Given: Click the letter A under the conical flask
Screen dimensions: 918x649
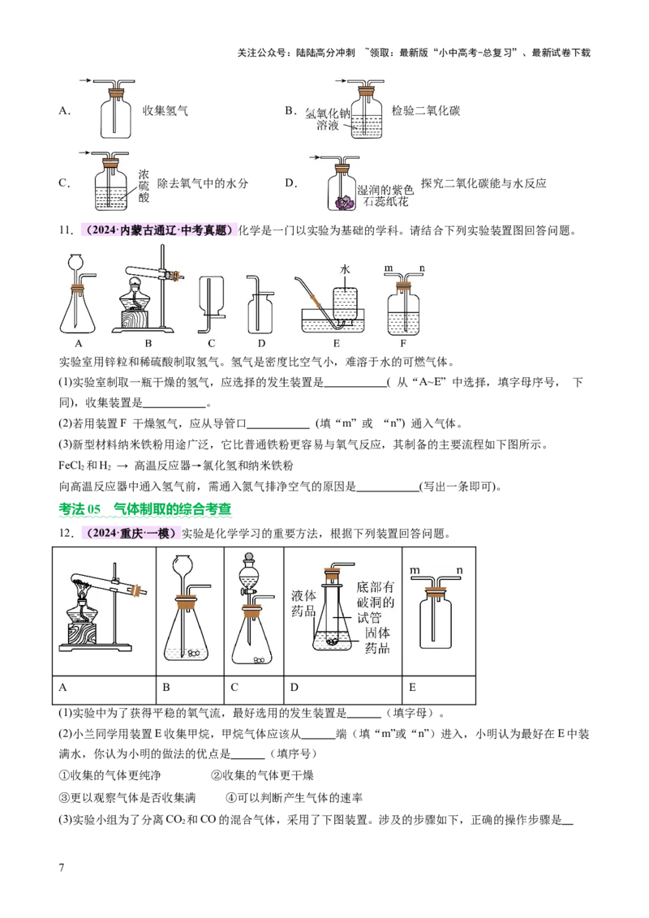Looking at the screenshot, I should pyautogui.click(x=79, y=343).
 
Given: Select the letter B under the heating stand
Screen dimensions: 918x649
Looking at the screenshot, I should pyautogui.click(x=148, y=343).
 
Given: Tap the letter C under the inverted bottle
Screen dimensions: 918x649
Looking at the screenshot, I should pyautogui.click(x=211, y=343).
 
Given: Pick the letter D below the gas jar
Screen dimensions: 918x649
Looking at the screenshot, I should pyautogui.click(x=261, y=343).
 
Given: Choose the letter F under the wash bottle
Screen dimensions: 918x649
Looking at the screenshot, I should pyautogui.click(x=403, y=343).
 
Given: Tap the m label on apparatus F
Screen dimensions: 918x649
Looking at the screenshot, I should pyautogui.click(x=389, y=268).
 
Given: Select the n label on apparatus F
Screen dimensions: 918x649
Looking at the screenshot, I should pyautogui.click(x=422, y=268).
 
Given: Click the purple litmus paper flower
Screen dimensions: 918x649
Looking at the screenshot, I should pyautogui.click(x=345, y=203).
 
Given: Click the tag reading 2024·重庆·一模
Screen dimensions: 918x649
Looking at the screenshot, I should pyautogui.click(x=130, y=534).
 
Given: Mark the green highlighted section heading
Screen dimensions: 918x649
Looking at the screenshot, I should pyautogui.click(x=145, y=509).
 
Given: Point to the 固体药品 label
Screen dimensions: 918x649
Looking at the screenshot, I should pyautogui.click(x=377, y=640).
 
